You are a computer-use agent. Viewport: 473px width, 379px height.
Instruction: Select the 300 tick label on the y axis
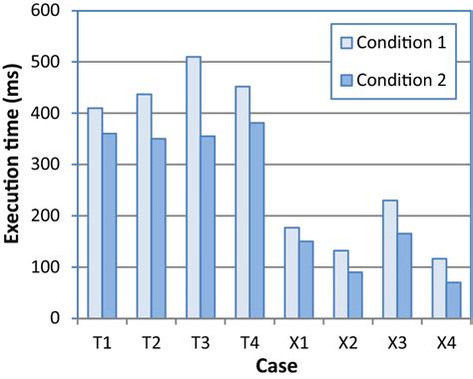point(49,165)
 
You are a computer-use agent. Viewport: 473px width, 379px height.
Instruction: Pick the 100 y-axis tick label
point(49,267)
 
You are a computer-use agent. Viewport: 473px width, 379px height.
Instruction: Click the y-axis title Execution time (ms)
point(14,165)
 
